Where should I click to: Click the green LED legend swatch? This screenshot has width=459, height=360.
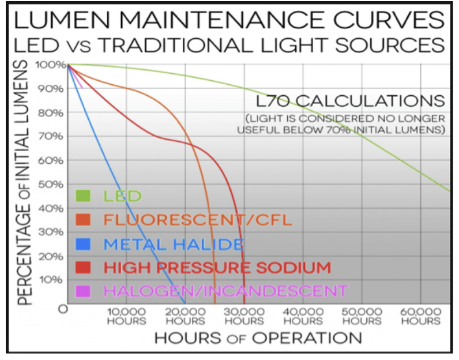click(x=83, y=196)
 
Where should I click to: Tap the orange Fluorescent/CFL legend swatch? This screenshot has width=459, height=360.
click(x=83, y=220)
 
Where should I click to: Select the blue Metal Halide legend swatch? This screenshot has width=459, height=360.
click(x=83, y=243)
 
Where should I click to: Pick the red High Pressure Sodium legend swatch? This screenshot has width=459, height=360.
click(x=83, y=268)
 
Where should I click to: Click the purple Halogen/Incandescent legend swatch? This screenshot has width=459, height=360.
click(x=83, y=291)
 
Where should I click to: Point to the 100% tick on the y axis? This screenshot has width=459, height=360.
click(x=51, y=65)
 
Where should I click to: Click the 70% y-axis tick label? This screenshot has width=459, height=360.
click(x=51, y=137)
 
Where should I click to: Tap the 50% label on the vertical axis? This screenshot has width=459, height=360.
click(x=51, y=185)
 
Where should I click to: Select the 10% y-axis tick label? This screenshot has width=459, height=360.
click(x=51, y=280)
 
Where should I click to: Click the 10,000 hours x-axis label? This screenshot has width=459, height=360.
click(x=126, y=317)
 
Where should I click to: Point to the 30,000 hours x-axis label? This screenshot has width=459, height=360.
click(x=244, y=317)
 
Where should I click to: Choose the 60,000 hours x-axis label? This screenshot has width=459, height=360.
click(x=420, y=317)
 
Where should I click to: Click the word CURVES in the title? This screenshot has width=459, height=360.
click(x=389, y=20)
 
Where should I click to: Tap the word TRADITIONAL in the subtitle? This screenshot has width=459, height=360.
click(x=176, y=45)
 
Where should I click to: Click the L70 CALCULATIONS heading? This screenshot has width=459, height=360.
click(x=351, y=101)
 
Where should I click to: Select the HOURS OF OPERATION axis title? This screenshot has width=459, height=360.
click(x=258, y=338)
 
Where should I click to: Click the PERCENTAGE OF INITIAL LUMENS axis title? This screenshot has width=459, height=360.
click(x=24, y=183)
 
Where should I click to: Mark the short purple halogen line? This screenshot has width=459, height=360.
click(x=75, y=76)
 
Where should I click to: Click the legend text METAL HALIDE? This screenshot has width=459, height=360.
click(x=174, y=244)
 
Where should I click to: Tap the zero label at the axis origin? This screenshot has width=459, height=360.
click(x=63, y=309)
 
